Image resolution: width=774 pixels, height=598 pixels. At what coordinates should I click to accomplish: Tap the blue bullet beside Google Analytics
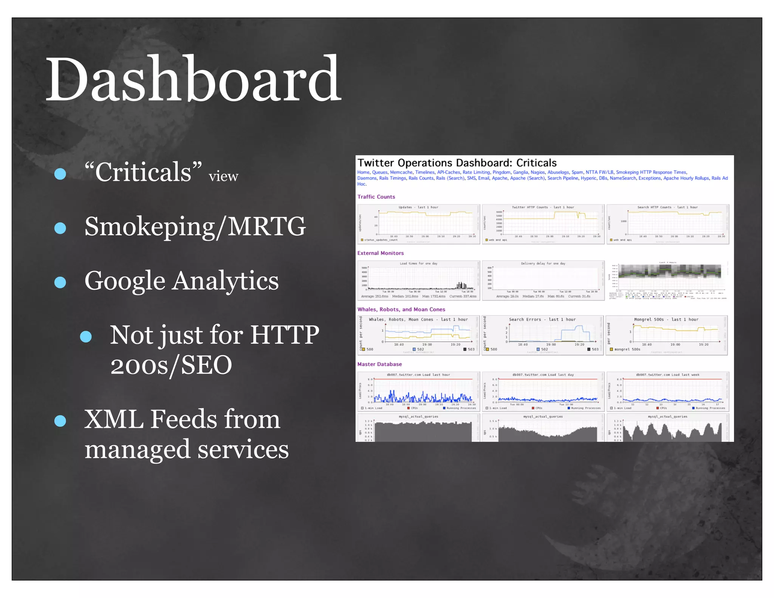coord(60,282)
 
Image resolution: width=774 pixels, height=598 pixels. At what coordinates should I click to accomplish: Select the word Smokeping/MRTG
coord(195,226)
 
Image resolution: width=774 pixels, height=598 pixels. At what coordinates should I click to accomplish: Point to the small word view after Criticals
coord(223,176)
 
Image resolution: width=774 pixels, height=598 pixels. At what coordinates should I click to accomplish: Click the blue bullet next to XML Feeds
coord(60,421)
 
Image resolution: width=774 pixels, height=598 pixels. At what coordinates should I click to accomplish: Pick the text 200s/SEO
coord(171,365)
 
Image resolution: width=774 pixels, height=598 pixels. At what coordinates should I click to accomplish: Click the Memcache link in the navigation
coord(401,172)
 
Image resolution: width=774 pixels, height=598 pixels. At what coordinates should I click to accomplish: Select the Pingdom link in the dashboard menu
coord(501,172)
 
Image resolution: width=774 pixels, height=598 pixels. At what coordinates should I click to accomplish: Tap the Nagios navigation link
coord(537,172)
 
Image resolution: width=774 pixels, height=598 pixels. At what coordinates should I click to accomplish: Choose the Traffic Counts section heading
coord(376,197)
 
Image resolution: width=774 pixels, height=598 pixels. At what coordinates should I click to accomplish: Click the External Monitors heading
coord(380,253)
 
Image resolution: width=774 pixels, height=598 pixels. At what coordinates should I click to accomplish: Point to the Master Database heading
coord(379,364)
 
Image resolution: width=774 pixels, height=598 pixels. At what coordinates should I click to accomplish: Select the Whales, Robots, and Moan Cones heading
coord(401,309)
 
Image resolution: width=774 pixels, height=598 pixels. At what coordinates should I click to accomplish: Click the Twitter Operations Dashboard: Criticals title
coord(457,163)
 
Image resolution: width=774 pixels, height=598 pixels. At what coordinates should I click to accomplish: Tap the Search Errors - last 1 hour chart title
coord(542,319)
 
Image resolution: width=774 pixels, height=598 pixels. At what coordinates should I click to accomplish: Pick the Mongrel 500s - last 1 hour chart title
coord(666,319)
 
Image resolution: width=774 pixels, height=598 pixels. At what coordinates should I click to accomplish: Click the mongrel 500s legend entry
coord(627,349)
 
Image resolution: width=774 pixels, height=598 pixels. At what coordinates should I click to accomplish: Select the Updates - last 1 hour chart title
coord(418,207)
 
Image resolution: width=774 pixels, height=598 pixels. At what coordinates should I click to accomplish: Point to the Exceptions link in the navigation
coord(649,178)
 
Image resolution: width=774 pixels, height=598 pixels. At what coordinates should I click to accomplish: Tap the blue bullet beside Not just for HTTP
coord(86,336)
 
